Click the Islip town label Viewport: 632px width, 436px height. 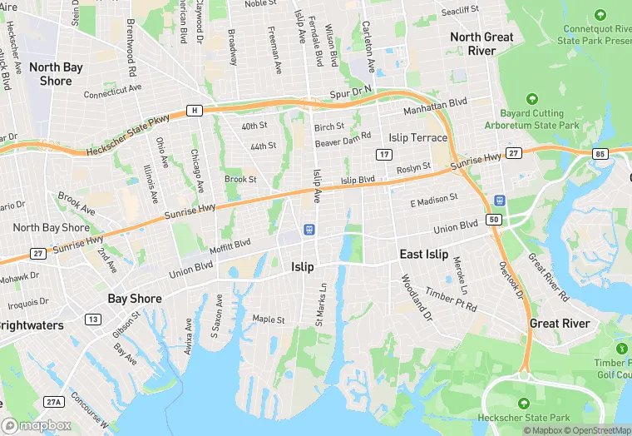pyautogui.click(x=303, y=267)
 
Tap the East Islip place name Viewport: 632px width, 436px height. pyautogui.click(x=423, y=255)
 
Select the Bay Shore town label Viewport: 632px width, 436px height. pyautogui.click(x=134, y=298)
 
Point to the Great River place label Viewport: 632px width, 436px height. pyautogui.click(x=560, y=323)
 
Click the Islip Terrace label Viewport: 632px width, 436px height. pyautogui.click(x=418, y=137)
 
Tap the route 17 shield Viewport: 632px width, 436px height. pyautogui.click(x=383, y=155)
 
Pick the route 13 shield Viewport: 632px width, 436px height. pyautogui.click(x=92, y=320)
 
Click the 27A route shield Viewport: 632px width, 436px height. pyautogui.click(x=54, y=402)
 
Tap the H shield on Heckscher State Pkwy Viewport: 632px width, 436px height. pyautogui.click(x=194, y=110)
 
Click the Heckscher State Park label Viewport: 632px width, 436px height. pyautogui.click(x=524, y=416)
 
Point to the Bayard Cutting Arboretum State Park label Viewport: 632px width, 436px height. pyautogui.click(x=539, y=119)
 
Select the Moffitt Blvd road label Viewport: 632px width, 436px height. pyautogui.click(x=230, y=244)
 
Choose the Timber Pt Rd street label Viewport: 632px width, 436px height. pyautogui.click(x=451, y=300)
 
